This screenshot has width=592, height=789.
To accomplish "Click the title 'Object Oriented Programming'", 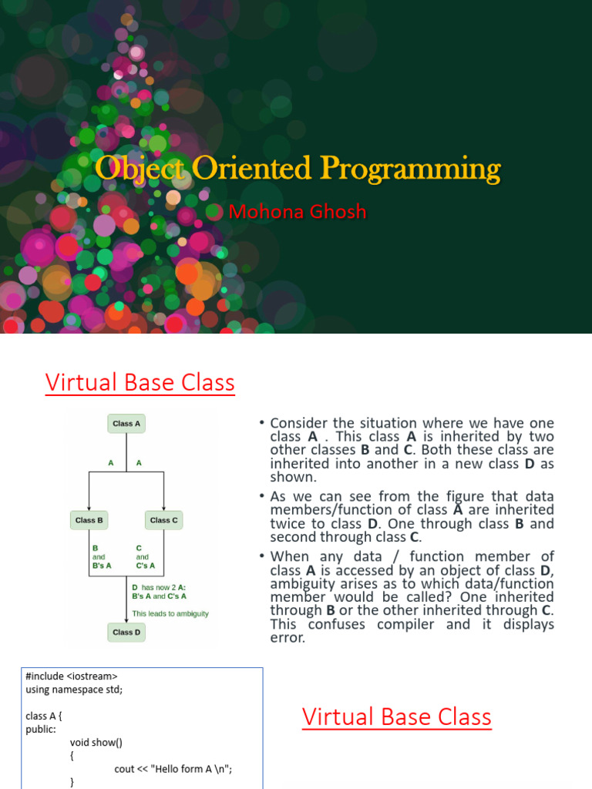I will [x=298, y=169].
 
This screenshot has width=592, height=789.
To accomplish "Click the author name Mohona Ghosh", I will [x=298, y=211].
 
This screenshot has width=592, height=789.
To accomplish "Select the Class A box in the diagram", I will [x=126, y=423].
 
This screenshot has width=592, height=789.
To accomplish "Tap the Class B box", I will [x=89, y=520].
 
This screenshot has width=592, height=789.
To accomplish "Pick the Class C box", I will [x=163, y=520].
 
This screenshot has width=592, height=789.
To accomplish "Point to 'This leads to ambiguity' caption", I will [x=170, y=613].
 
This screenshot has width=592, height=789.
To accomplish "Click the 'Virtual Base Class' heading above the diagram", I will [x=140, y=382].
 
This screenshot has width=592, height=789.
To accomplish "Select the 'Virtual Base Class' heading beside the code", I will [x=396, y=717].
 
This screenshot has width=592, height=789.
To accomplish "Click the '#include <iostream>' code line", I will [x=72, y=677].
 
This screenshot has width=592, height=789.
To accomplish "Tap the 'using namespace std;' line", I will [x=74, y=689].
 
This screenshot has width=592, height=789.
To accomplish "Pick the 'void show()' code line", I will [x=96, y=743].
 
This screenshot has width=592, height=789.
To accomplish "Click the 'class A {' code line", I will [x=43, y=716].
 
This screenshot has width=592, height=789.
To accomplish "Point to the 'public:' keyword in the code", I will [x=41, y=729].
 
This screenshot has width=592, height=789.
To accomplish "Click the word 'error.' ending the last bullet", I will [x=288, y=638].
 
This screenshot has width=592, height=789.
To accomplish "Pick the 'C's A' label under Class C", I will [x=145, y=566].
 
